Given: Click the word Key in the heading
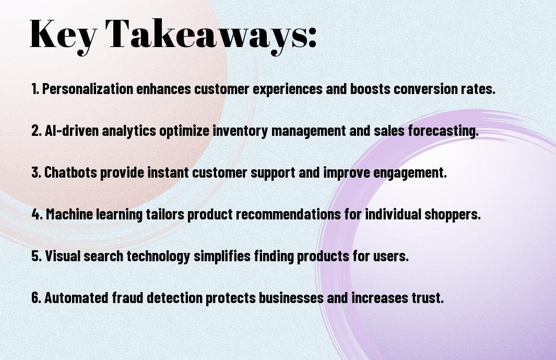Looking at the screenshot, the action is click(63, 36).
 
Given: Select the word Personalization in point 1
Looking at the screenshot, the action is click(88, 89).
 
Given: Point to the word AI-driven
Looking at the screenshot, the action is click(72, 131).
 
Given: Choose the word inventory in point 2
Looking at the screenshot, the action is click(241, 131).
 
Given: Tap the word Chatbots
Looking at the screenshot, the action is click(70, 172).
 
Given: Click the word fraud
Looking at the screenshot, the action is click(128, 297).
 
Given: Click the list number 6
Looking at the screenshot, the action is click(37, 297).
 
